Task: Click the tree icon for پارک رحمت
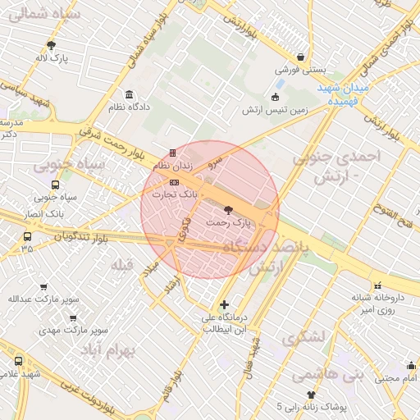pyautogui.click(x=228, y=210)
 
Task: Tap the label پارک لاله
pyautogui.click(x=52, y=58)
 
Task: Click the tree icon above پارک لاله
pyautogui.click(x=51, y=46)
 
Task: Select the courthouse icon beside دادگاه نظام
pyautogui.click(x=128, y=94)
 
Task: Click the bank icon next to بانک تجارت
pyautogui.click(x=173, y=182)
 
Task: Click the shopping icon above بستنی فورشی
pyautogui.click(x=303, y=57)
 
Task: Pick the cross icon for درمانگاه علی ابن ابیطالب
pyautogui.click(x=225, y=305)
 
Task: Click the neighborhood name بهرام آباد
pyautogui.click(x=107, y=350)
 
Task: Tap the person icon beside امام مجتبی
pyautogui.click(x=410, y=366)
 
